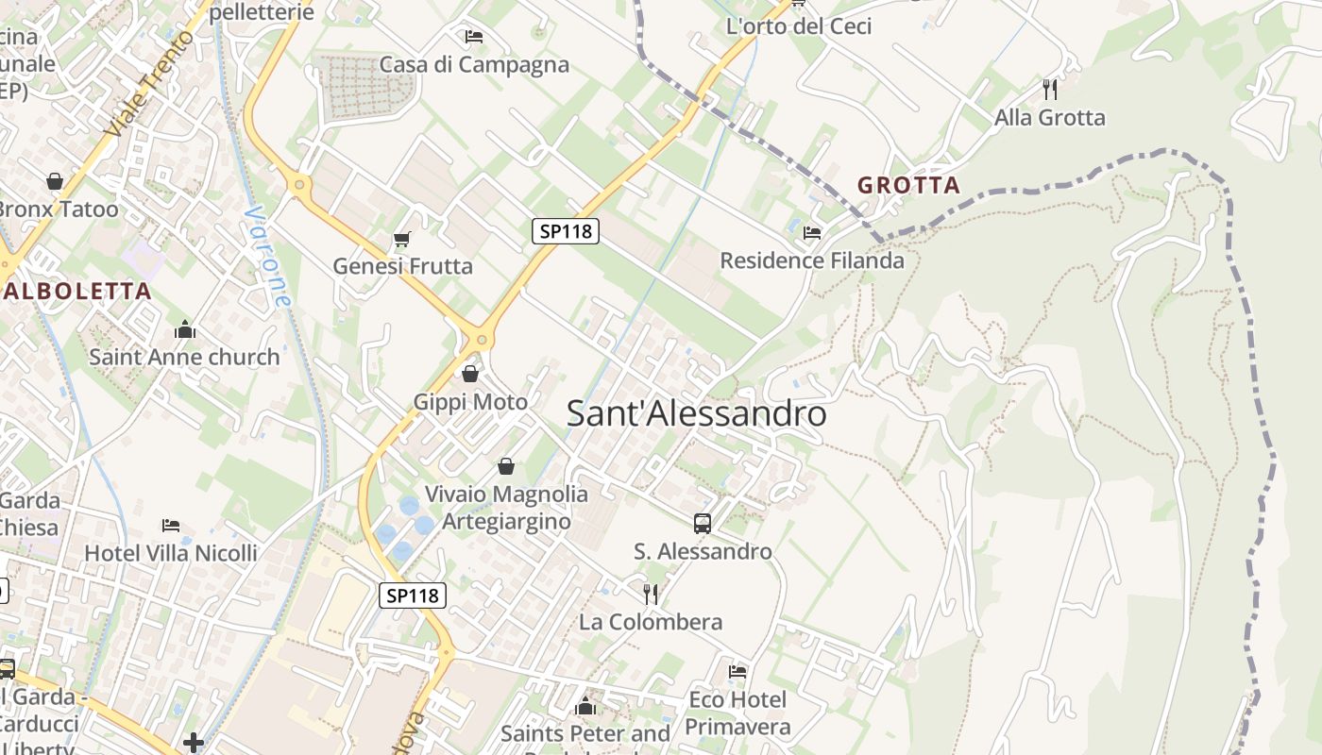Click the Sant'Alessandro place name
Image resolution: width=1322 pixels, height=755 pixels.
[697, 413]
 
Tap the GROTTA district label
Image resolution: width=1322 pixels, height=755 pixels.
[908, 185]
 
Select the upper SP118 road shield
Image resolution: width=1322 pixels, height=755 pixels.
[566, 230]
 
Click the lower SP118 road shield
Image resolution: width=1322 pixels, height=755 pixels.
[413, 596]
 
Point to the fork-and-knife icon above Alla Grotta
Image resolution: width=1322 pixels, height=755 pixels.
[1049, 90]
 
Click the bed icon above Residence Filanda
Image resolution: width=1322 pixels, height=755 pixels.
[811, 232]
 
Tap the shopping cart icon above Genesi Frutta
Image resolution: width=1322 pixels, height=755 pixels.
[402, 239]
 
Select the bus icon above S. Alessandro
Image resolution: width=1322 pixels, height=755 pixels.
[702, 523]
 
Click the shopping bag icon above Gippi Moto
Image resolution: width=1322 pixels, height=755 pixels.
[470, 375]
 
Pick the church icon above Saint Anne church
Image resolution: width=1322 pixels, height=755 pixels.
[184, 329]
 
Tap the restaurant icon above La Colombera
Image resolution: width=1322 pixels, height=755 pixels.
[651, 594]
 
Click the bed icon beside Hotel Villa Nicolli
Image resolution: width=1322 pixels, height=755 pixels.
[170, 525]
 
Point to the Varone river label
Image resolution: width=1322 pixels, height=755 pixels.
[268, 257]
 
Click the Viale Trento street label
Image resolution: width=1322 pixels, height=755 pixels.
[151, 83]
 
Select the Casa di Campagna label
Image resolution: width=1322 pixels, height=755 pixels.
[474, 64]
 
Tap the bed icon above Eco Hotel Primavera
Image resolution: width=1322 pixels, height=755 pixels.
[737, 671]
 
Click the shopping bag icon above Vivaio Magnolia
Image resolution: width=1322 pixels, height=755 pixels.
[506, 466]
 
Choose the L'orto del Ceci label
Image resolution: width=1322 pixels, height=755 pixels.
[798, 26]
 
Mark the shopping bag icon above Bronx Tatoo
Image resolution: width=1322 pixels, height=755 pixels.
[55, 180]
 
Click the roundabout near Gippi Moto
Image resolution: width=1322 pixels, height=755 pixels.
[482, 339]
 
